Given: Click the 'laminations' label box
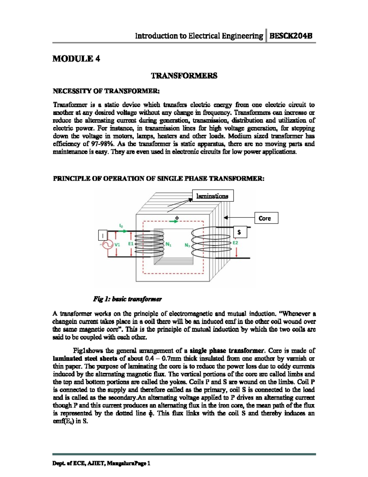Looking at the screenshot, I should tap(213, 196).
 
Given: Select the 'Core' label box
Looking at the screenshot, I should tap(266, 218).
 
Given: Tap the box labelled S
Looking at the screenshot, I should tap(240, 233).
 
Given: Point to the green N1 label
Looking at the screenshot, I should tap(168, 245).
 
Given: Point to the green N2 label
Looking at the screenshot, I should tap(187, 245).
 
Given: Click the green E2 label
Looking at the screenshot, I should tap(235, 243).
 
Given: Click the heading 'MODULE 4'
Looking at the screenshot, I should tap(76, 59).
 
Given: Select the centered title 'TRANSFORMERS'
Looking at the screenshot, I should tap(184, 76).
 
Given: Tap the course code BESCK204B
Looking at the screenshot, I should tap(291, 36).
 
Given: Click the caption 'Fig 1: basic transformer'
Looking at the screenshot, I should tap(127, 299).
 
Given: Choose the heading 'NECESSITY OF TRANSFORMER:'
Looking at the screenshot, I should tap(106, 91).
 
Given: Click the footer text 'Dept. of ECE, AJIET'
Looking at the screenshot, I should tap(79, 463).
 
